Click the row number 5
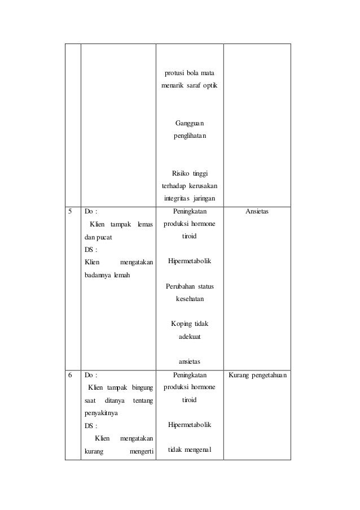(71, 212)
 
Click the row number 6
(71, 374)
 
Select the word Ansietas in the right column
(257, 212)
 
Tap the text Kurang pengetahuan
(257, 374)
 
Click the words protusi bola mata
(190, 73)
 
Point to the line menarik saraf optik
(190, 86)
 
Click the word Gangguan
(190, 123)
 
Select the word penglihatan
(190, 136)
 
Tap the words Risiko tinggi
(190, 173)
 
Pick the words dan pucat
(98, 237)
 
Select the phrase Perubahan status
(190, 286)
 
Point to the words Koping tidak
(190, 324)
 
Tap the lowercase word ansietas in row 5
(190, 361)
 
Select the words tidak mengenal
(190, 450)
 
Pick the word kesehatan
(190, 299)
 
